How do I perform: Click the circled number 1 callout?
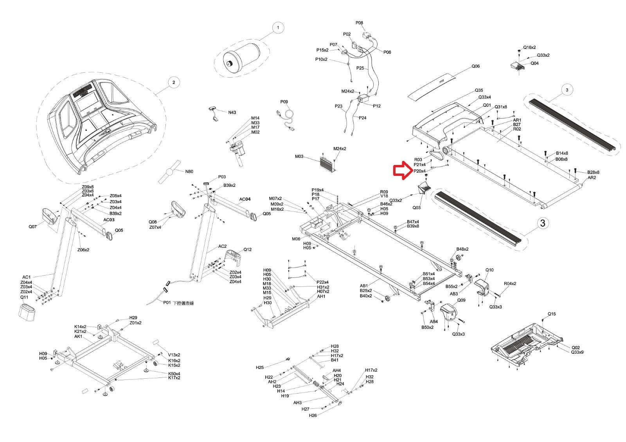278,28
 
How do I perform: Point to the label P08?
359,23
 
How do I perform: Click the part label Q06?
475,66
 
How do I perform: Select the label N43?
232,113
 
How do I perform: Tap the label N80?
189,172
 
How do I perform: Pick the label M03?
299,157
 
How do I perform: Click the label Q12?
248,250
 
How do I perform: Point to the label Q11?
24,297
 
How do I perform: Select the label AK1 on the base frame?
78,336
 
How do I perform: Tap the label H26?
313,416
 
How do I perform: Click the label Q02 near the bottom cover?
576,347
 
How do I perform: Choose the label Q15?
552,314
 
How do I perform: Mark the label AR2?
592,178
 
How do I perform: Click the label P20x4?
420,171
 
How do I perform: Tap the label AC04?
245,199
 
